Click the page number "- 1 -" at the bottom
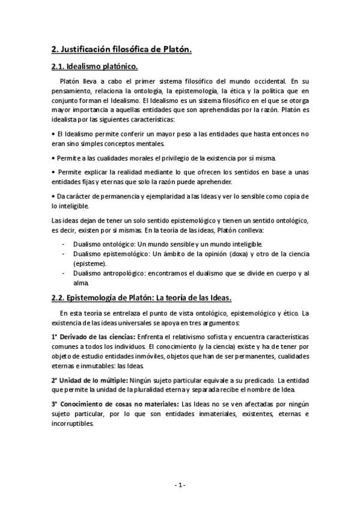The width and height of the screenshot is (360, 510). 180,485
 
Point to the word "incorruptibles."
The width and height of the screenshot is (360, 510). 73,423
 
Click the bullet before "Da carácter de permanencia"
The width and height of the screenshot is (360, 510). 53,196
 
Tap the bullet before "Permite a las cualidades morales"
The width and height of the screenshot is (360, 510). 53,158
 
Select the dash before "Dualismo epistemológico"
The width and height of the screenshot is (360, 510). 64,254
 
